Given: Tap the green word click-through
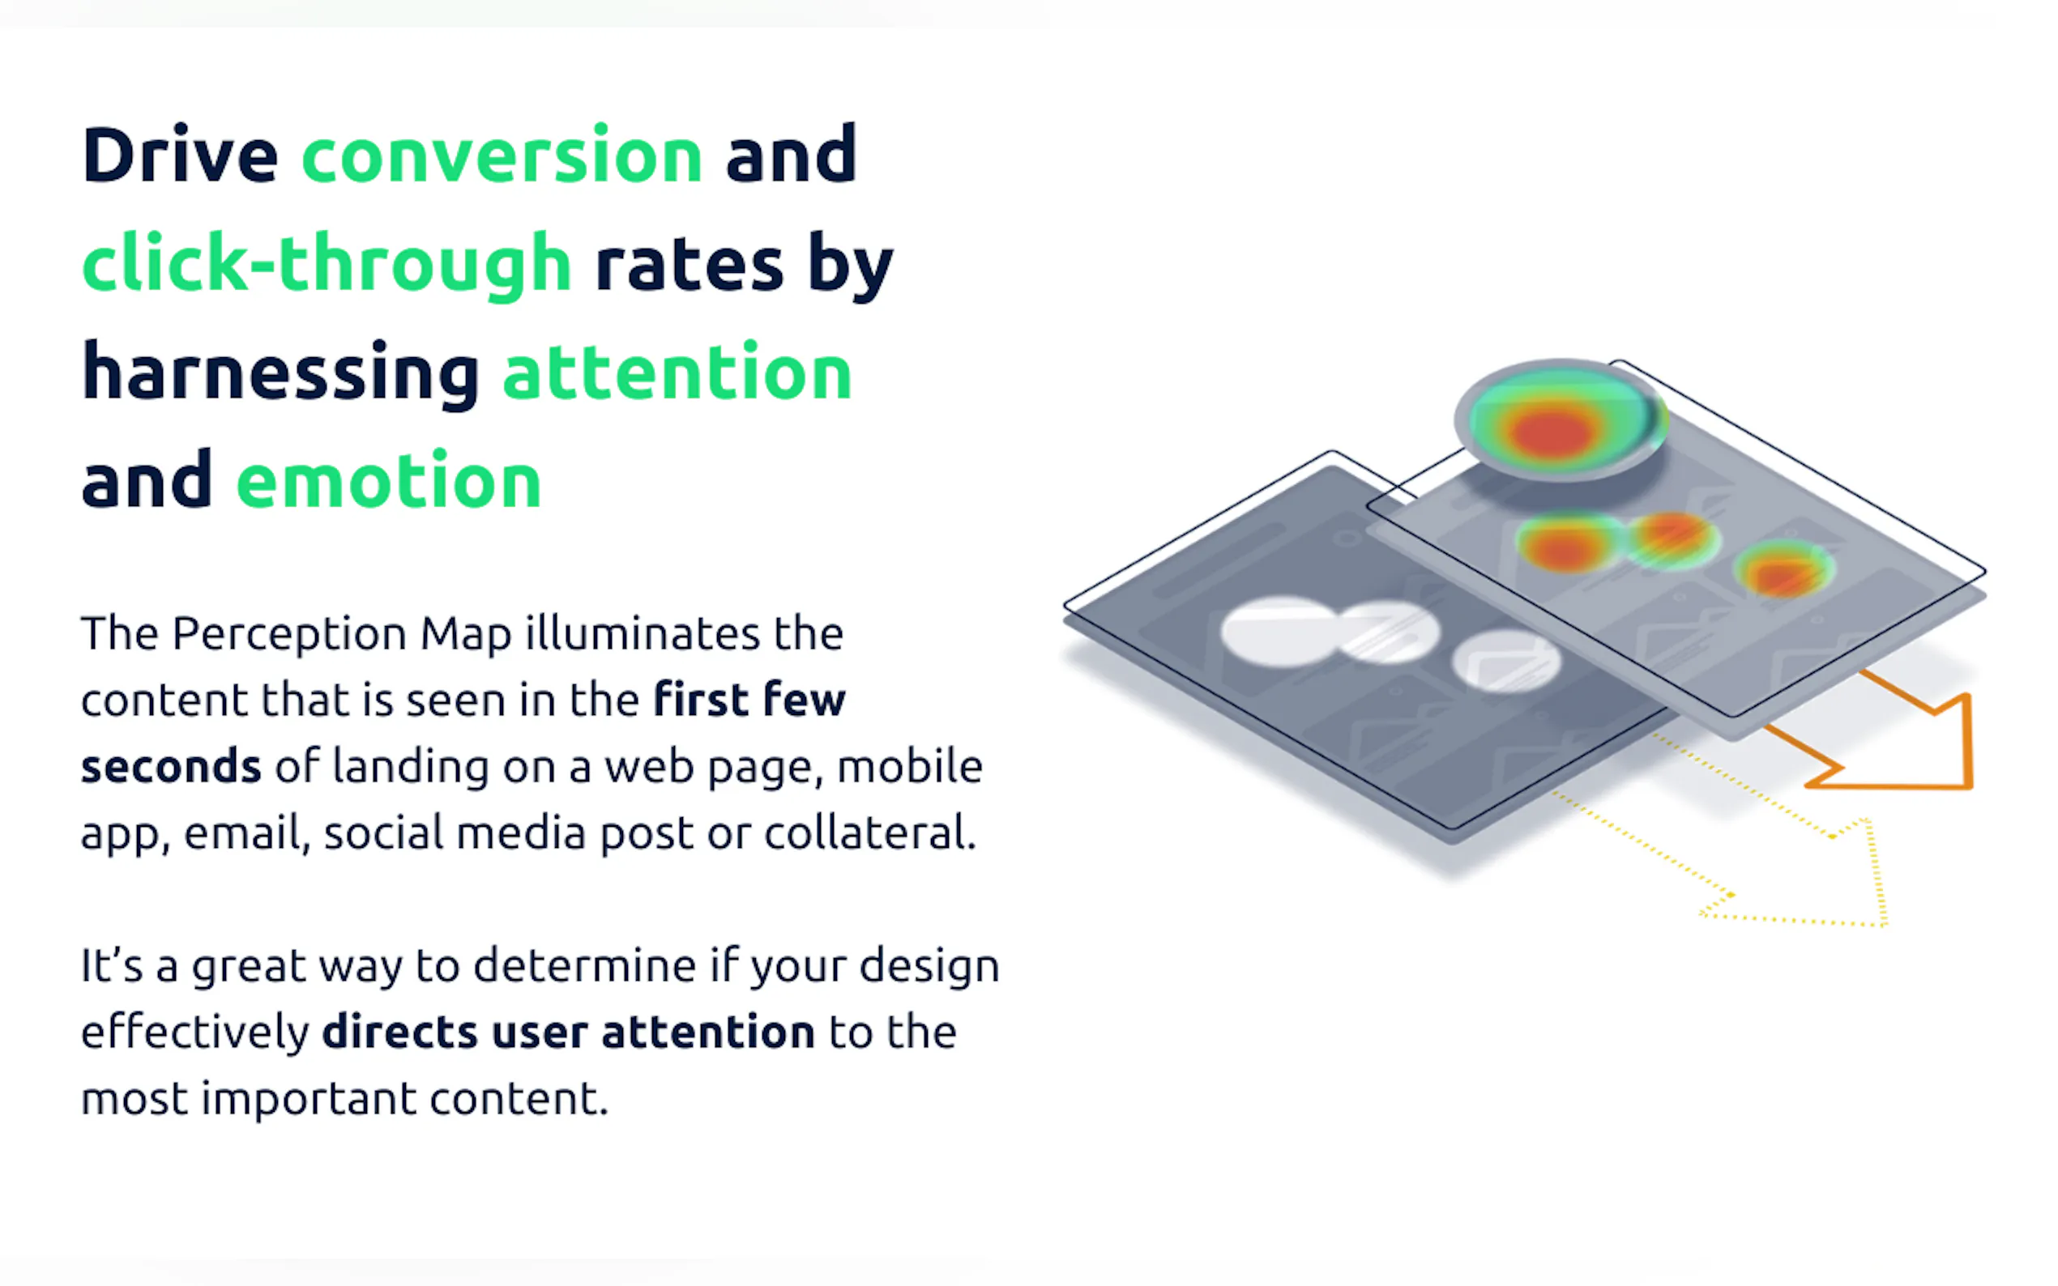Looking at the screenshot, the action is pos(327,265).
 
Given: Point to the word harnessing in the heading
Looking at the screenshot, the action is pos(281,373).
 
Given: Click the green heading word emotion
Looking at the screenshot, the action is pos(389,480).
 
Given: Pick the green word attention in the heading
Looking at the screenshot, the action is pos(677,372).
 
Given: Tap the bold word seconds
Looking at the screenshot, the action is pos(171,766).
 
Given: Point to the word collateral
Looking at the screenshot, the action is pos(869,832).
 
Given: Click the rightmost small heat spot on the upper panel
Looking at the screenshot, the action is pos(1784,569).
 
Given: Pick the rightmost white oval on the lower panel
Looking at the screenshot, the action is pos(1506,661).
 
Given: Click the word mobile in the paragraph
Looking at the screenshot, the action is pos(911,766).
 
